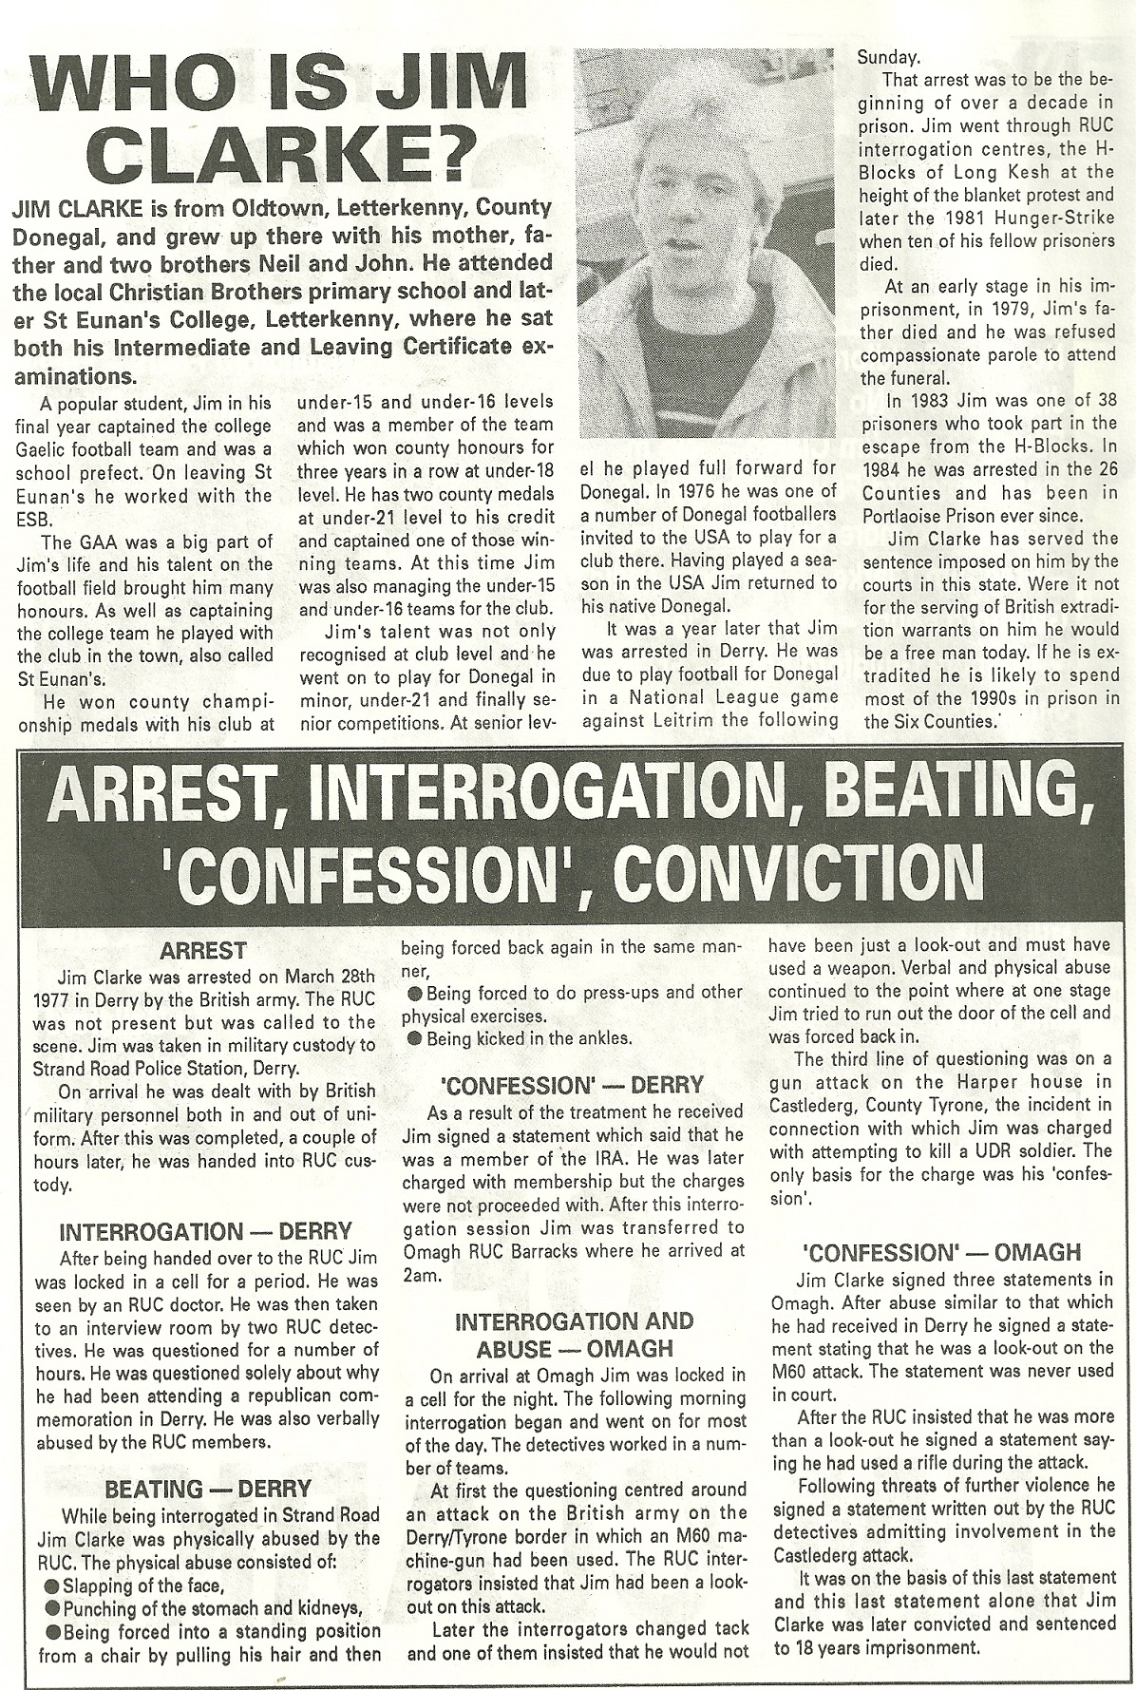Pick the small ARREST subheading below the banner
[x=203, y=950]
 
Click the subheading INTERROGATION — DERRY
[x=205, y=1232]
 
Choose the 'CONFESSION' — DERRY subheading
[x=572, y=1085]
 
